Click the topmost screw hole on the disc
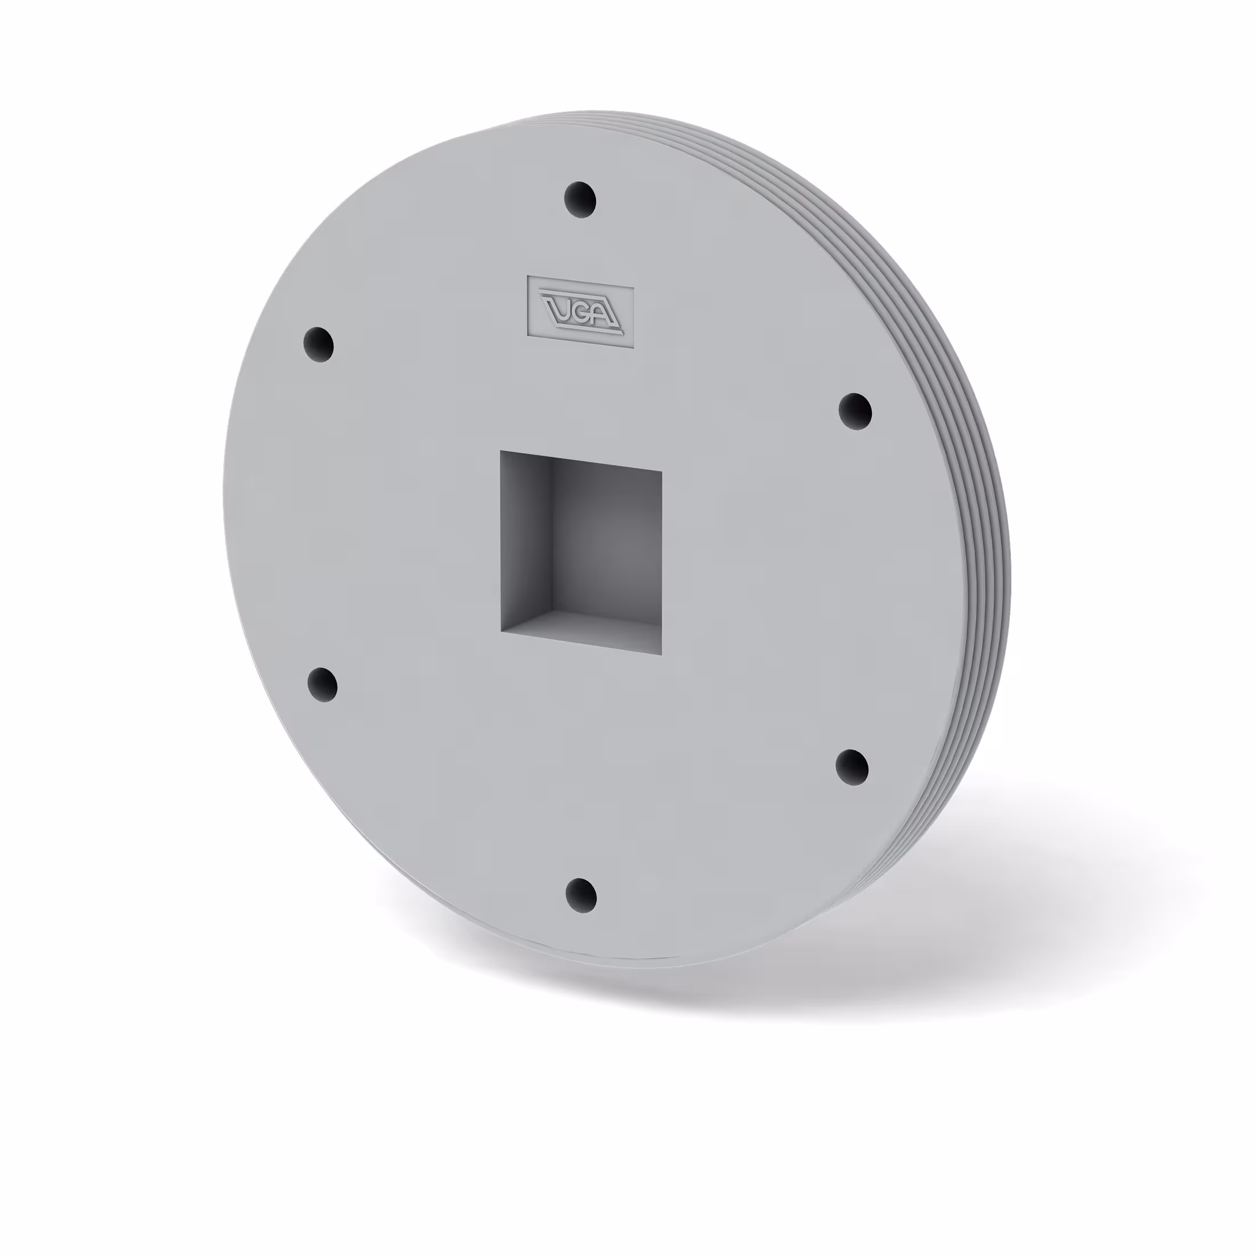(580, 199)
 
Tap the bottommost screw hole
(581, 895)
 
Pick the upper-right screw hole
(855, 411)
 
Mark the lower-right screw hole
(851, 767)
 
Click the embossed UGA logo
(581, 310)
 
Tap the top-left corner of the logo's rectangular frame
(528, 276)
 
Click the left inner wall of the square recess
(525, 540)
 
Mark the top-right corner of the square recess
(662, 471)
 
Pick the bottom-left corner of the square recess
(501, 631)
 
